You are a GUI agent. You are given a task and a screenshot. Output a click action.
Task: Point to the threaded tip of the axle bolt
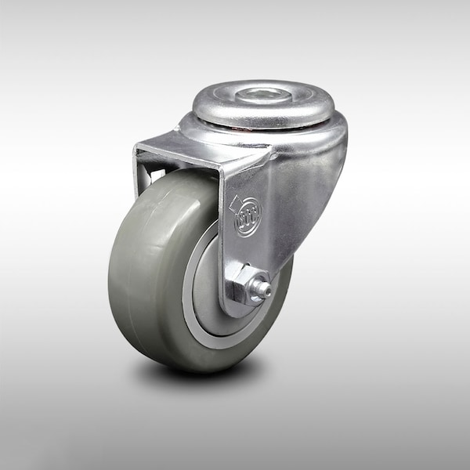(266, 291)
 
